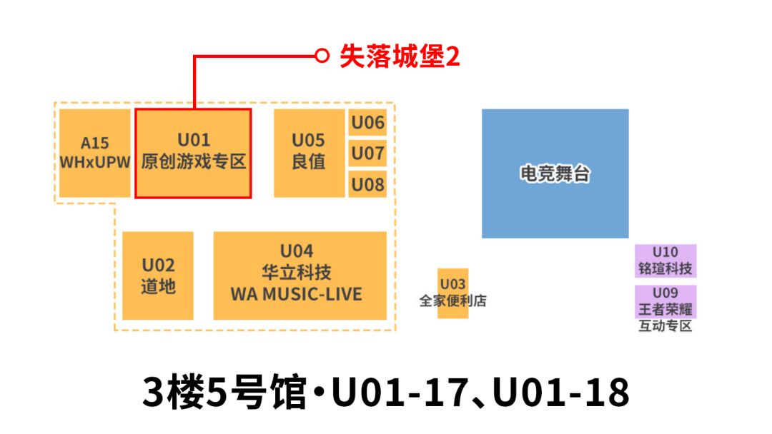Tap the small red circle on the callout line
[x=322, y=55]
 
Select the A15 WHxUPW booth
[x=94, y=153]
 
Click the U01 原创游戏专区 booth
[x=193, y=153]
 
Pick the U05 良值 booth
[x=308, y=153]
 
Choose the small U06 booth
[x=367, y=122]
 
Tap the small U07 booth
[x=367, y=153]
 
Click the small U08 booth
[x=367, y=184]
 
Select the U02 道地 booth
[x=158, y=276]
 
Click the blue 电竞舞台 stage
[x=555, y=173]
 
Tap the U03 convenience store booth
[x=452, y=284]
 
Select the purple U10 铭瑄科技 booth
[x=665, y=261]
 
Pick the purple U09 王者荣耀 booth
[x=665, y=301]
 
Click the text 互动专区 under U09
[x=665, y=327]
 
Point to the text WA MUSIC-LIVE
[x=296, y=294]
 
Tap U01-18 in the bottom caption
[x=562, y=392]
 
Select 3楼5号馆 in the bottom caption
[x=224, y=392]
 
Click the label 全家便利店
[x=452, y=301]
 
